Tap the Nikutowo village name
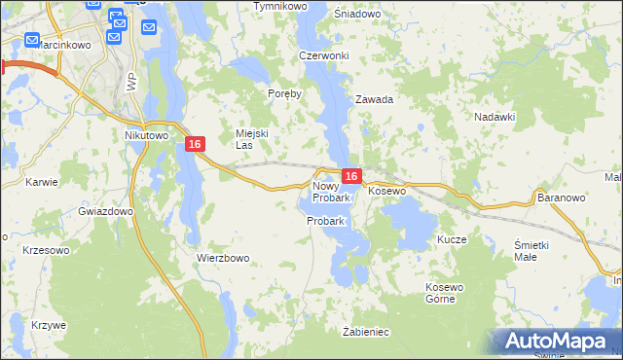pos(147,136)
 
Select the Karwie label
pos(42,181)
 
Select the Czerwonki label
pos(324,55)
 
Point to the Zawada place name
pos(374,99)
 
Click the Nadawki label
pos(494,116)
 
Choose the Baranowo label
pos(560,197)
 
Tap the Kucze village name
pos(453,239)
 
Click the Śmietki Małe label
pos(532,250)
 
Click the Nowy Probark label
pos(329,192)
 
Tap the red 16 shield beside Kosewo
pos(352,176)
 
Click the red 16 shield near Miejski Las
pos(196,144)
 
